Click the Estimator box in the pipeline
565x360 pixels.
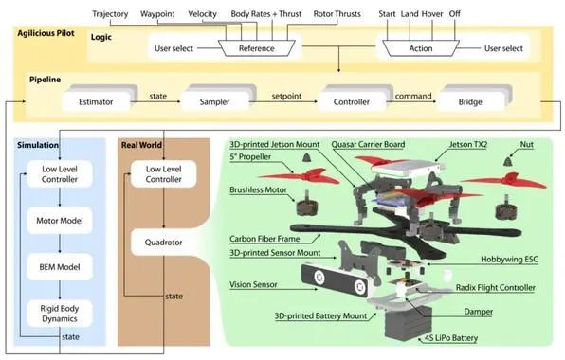click(x=96, y=102)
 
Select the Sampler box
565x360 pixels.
click(x=215, y=102)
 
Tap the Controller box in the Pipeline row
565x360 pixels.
click(x=352, y=102)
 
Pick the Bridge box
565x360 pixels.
click(x=470, y=102)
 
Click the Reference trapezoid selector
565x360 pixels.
click(x=257, y=48)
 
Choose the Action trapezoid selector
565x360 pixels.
click(x=421, y=48)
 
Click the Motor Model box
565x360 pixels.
click(x=60, y=221)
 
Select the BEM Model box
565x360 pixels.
click(x=60, y=267)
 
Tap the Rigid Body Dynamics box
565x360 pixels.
click(x=60, y=314)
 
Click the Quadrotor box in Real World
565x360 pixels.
click(x=163, y=243)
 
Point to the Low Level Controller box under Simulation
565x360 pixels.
click(x=60, y=174)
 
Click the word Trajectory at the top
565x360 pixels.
click(x=110, y=14)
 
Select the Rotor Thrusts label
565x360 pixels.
click(x=337, y=14)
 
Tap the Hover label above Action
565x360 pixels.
click(x=432, y=14)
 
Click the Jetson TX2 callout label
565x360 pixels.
click(x=468, y=144)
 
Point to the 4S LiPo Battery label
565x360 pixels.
click(x=451, y=338)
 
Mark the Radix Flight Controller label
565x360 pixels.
click(x=496, y=287)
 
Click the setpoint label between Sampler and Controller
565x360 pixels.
click(x=286, y=96)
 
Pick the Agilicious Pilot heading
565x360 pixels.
click(x=46, y=33)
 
